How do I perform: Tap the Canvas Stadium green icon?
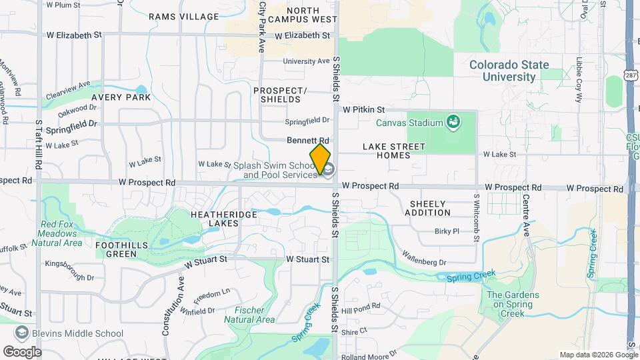click(x=453, y=122)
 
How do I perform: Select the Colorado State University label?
click(x=509, y=71)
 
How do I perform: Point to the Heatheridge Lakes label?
click(x=215, y=219)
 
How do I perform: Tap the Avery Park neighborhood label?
click(x=121, y=97)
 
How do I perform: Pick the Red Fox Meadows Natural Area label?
click(x=61, y=234)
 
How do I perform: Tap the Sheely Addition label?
click(x=430, y=208)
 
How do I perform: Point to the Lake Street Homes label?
click(x=393, y=151)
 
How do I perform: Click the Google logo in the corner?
click(x=22, y=351)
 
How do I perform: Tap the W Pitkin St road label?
click(x=364, y=109)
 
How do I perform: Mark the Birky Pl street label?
click(x=447, y=231)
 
